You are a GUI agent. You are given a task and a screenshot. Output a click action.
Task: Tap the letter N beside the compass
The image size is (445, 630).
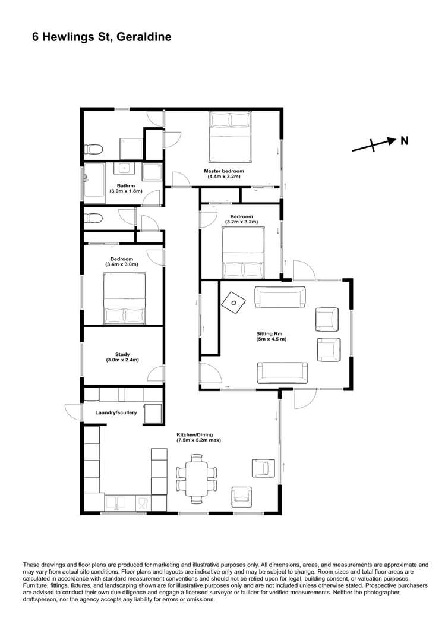(404, 141)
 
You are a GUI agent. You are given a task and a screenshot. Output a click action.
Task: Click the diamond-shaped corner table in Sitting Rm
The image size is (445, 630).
(233, 302)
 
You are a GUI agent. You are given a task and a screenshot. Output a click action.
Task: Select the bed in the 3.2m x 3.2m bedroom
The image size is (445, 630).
(242, 254)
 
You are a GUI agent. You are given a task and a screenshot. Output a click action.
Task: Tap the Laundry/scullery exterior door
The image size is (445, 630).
(71, 412)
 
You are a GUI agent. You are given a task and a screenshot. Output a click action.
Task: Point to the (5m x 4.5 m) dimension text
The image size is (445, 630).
(271, 339)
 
